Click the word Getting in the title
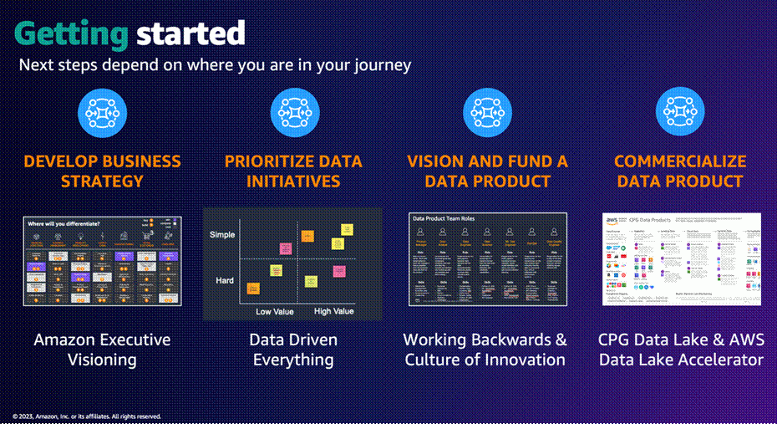point(71,33)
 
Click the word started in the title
point(190,33)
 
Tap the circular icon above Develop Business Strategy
point(101,112)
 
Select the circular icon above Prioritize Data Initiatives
point(294,112)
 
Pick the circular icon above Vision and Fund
point(487,112)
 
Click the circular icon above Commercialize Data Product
point(679,112)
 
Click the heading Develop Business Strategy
point(101,171)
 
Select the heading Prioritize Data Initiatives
point(294,171)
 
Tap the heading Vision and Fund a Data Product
point(487,171)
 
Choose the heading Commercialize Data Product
point(679,171)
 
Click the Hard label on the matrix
point(223,280)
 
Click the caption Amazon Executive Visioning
point(102,350)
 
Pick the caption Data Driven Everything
point(293,350)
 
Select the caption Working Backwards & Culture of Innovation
point(485,350)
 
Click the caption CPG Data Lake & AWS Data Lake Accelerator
point(680,350)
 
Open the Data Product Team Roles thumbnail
point(488,259)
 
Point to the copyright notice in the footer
point(87,416)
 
